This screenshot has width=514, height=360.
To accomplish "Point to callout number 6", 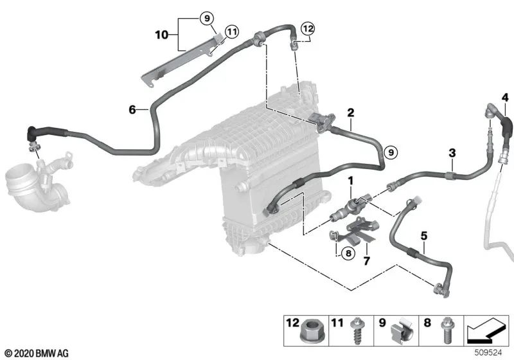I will (132, 110).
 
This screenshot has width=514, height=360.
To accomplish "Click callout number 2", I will (350, 113).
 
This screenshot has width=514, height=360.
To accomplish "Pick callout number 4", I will (505, 98).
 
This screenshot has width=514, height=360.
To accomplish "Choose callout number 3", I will (452, 152).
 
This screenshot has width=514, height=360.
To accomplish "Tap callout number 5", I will (423, 237).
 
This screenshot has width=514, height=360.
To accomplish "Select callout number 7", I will (367, 260).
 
